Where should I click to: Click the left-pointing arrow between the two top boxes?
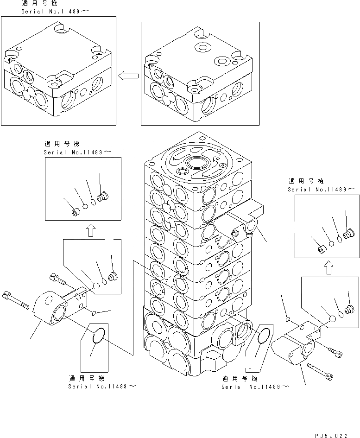coord(128,76)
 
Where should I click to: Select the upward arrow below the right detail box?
coord(328,267)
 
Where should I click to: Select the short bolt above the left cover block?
coord(57,279)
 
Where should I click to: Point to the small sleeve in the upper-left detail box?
coord(76,213)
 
